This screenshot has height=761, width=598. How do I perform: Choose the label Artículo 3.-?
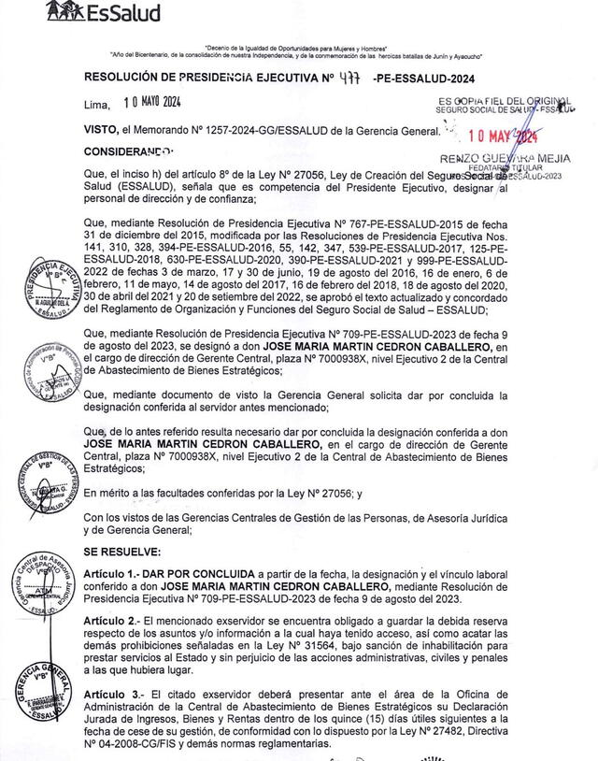pos(115,696)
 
